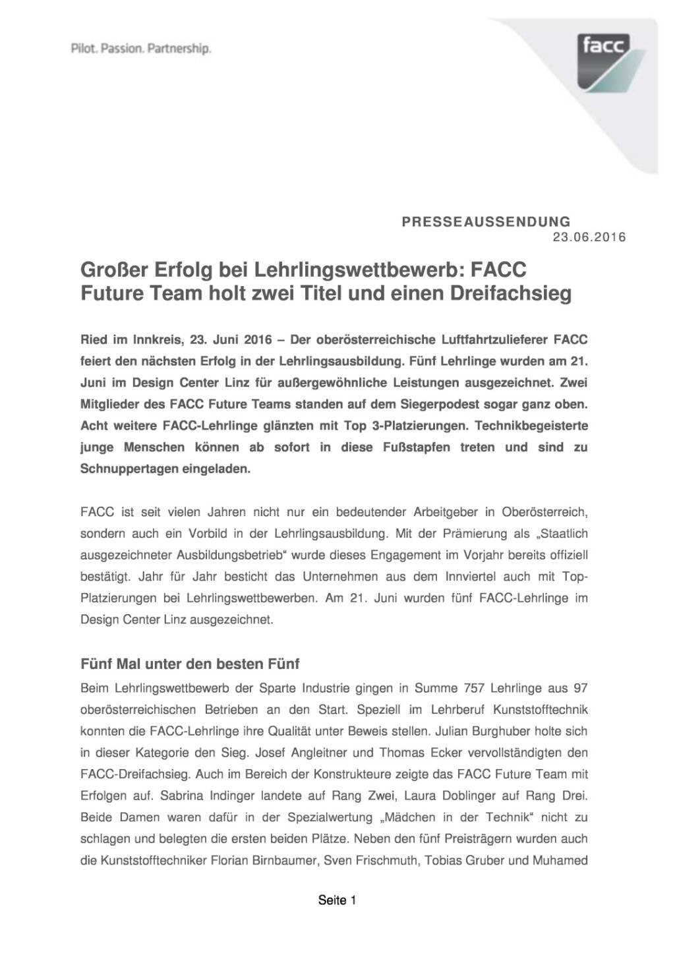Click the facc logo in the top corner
604,61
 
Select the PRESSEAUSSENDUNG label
486,222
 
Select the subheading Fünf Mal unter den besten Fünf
190,663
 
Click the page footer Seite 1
337,900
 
